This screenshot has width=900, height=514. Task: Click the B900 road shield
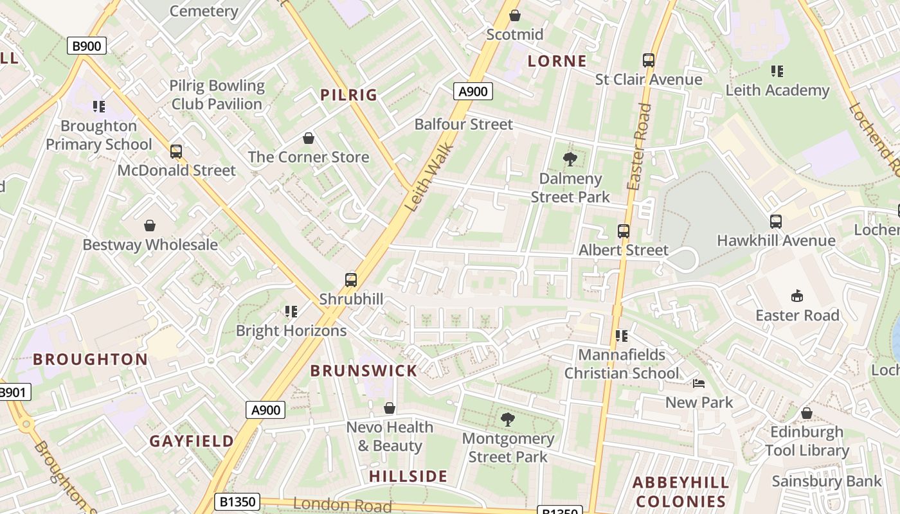pyautogui.click(x=86, y=46)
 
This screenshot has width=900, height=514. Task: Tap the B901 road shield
pyautogui.click(x=12, y=392)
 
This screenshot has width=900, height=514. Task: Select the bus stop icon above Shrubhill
pyautogui.click(x=350, y=280)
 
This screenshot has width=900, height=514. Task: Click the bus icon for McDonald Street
pyautogui.click(x=175, y=152)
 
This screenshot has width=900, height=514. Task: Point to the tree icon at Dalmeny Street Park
pyautogui.click(x=570, y=159)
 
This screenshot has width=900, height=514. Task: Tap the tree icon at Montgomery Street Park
pyautogui.click(x=508, y=420)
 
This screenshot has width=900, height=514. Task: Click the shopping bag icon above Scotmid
pyautogui.click(x=514, y=15)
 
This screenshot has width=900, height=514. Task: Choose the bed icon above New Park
pyautogui.click(x=699, y=384)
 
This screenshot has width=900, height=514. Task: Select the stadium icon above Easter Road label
pyautogui.click(x=797, y=296)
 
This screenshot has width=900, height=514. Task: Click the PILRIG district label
pyautogui.click(x=349, y=95)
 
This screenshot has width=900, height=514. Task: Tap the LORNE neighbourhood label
pyautogui.click(x=557, y=61)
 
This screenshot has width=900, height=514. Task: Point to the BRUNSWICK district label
pyautogui.click(x=364, y=371)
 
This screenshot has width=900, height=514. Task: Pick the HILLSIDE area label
pyautogui.click(x=408, y=476)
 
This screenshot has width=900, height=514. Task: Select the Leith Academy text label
pyautogui.click(x=777, y=91)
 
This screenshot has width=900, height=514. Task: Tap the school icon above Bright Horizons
pyautogui.click(x=291, y=312)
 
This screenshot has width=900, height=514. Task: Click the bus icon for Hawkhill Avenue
pyautogui.click(x=775, y=222)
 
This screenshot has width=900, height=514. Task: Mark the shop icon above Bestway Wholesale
pyautogui.click(x=150, y=226)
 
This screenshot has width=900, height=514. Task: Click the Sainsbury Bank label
pyautogui.click(x=827, y=481)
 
